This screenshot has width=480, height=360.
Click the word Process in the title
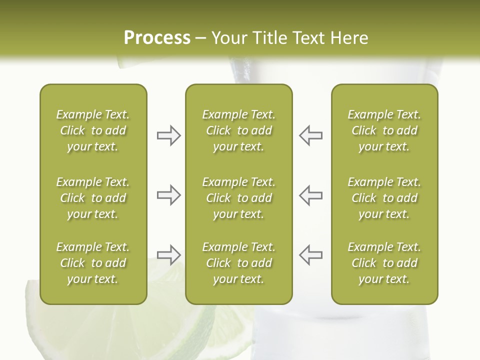coord(157,38)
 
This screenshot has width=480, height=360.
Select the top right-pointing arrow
coord(168,135)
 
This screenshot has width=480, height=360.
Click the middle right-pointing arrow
coord(168,195)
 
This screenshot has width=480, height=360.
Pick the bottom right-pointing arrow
coord(168,254)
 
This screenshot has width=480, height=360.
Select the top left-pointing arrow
coord(311,135)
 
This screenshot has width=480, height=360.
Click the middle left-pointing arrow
coord(311,195)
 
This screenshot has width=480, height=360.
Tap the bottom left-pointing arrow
coord(311,254)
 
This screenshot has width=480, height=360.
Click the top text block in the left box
coord(93,130)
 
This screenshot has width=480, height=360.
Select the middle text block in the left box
coord(93,198)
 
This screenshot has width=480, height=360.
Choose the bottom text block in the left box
coord(93,263)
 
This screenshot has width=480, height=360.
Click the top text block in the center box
coord(238,130)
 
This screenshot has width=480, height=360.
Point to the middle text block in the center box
coord(238,198)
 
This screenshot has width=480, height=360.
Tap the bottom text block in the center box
coord(238,263)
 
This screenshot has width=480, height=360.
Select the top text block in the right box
coord(384,130)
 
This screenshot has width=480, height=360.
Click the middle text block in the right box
coord(384,198)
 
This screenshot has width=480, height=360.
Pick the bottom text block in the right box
coord(384,263)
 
